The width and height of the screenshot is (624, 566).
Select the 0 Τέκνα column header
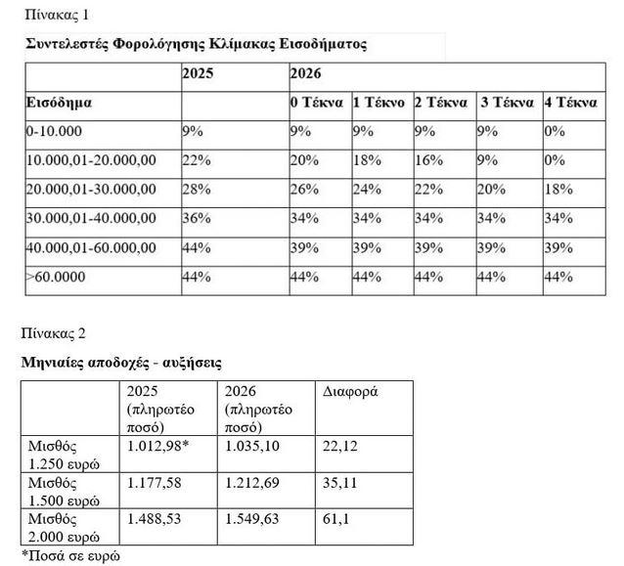[315, 103]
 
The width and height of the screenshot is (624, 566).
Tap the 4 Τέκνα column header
[571, 103]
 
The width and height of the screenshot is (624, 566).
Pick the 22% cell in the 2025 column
[197, 158]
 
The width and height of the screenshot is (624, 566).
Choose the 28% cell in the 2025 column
[197, 188]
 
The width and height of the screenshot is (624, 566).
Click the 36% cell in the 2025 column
[197, 217]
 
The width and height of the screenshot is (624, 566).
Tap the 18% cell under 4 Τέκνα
[557, 188]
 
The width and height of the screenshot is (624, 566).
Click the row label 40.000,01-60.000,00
[91, 247]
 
